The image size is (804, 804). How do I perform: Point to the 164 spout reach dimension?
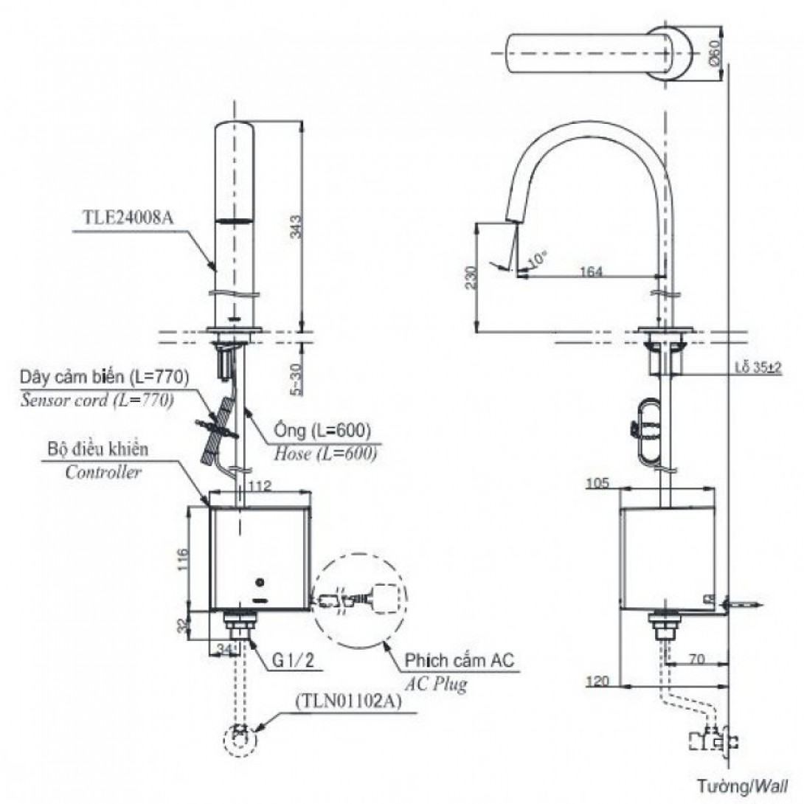click(x=591, y=271)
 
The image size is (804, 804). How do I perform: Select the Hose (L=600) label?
click(x=325, y=454)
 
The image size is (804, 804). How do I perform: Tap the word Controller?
click(x=103, y=473)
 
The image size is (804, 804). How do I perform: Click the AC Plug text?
click(x=434, y=685)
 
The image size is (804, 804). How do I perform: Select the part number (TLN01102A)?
click(x=350, y=703)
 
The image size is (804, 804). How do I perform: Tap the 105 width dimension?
click(x=597, y=483)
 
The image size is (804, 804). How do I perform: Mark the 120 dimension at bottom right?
click(x=598, y=681)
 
